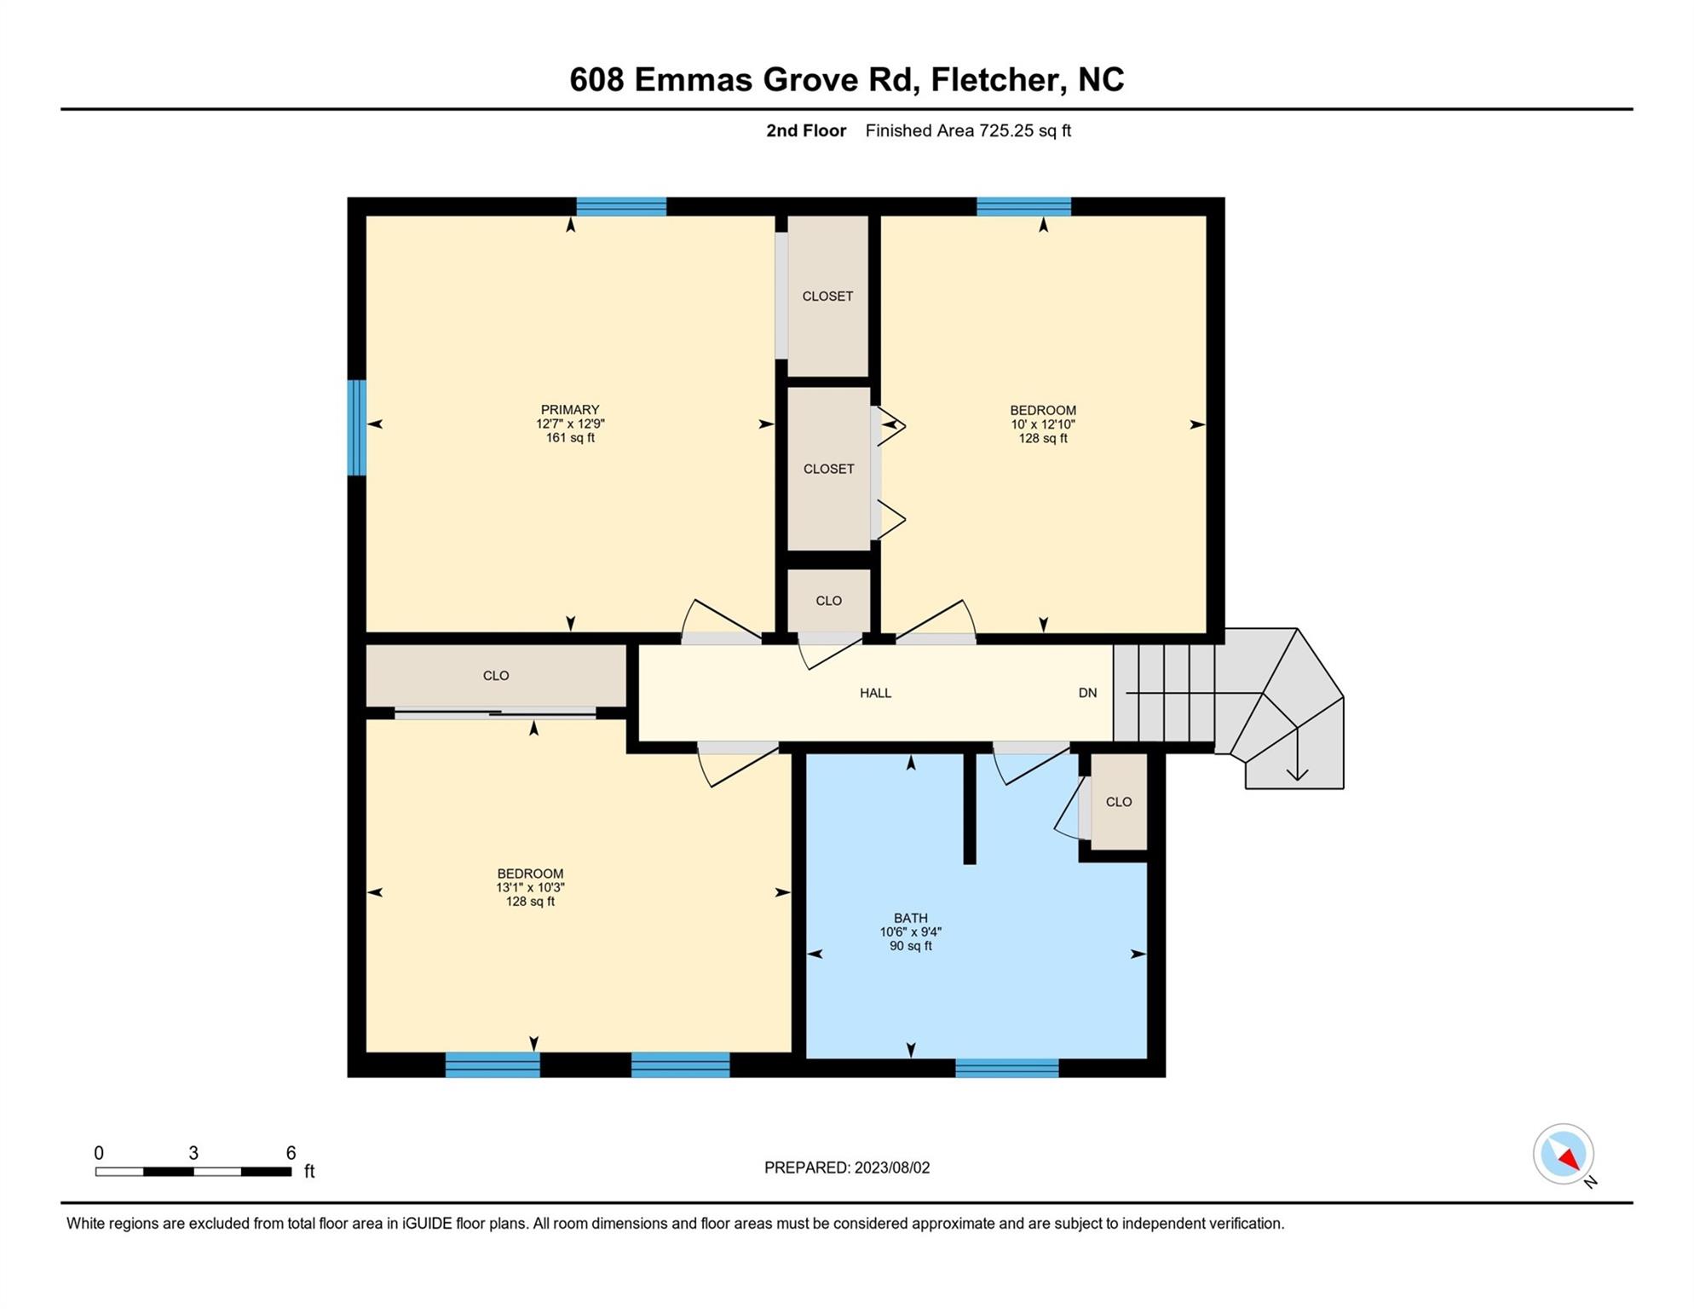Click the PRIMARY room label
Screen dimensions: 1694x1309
(x=570, y=410)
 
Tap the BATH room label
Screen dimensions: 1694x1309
(x=910, y=918)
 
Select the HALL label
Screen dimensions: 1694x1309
(x=875, y=693)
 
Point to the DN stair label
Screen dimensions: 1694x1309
(x=1087, y=693)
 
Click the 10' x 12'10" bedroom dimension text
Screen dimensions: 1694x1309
(x=1043, y=424)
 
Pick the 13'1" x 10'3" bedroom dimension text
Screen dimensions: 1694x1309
(x=530, y=887)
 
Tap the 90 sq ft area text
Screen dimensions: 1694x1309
(x=910, y=946)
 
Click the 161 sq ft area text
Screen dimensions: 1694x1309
(x=570, y=438)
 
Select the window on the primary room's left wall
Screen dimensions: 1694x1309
(x=357, y=428)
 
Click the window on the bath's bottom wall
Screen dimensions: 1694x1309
(x=1006, y=1068)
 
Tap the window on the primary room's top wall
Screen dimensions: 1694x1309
(x=621, y=207)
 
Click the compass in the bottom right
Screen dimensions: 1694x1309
(x=1564, y=1155)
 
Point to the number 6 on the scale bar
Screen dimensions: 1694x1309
(x=291, y=1153)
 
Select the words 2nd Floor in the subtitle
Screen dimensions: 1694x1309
(x=806, y=130)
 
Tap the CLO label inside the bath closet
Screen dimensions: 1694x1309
(x=1119, y=802)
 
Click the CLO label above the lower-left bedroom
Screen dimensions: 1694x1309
(x=496, y=676)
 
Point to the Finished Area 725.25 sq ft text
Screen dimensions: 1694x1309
(x=968, y=130)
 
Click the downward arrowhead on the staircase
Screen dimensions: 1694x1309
(x=1297, y=774)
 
